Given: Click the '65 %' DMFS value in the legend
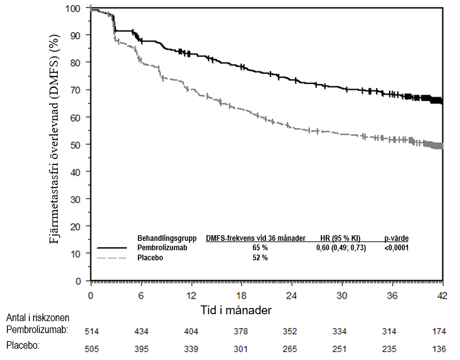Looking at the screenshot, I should (x=255, y=248).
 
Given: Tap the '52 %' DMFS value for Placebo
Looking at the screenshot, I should (x=255, y=258).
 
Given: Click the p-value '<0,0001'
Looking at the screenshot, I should (x=397, y=248).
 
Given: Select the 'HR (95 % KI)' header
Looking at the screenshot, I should (x=339, y=239).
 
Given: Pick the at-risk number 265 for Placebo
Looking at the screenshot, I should (x=290, y=348).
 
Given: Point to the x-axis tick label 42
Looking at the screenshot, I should (x=443, y=295).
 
